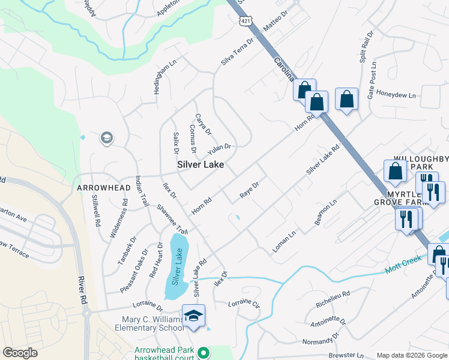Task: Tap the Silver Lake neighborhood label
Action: (200, 164)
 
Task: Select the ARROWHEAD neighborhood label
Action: (104, 188)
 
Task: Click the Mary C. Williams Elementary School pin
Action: (193, 316)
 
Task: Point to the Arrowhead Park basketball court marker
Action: (203, 353)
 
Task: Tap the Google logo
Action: (20, 353)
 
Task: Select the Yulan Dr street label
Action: (219, 147)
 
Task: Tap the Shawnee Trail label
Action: (173, 220)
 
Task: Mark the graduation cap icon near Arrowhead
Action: (107, 139)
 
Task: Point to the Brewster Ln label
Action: (345, 355)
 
